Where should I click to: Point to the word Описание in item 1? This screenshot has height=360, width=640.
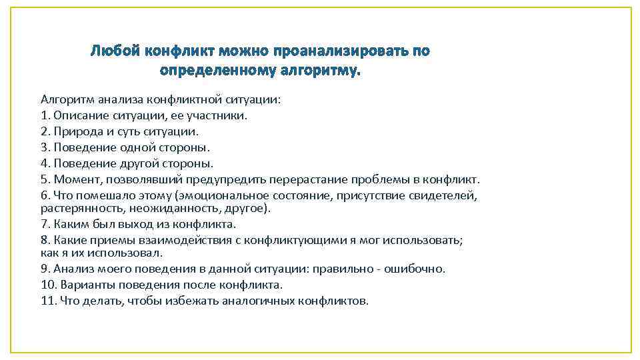(x=77, y=115)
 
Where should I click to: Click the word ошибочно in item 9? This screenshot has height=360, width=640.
(x=423, y=269)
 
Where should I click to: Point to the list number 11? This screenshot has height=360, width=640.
(x=49, y=301)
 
